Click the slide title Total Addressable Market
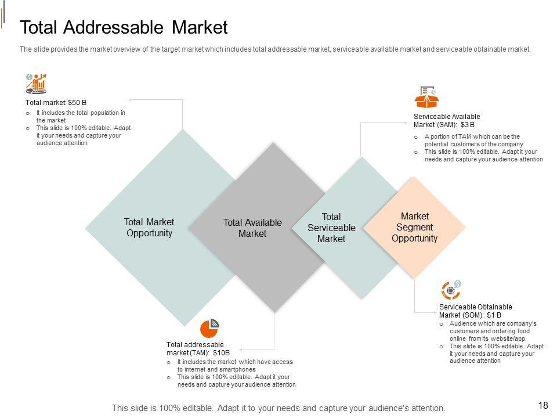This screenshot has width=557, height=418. tap(124, 28)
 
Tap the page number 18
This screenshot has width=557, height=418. tap(543, 405)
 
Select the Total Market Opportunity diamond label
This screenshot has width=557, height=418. tap(149, 228)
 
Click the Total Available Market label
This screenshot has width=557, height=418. tap(252, 228)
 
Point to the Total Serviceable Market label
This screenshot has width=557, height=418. tap(331, 228)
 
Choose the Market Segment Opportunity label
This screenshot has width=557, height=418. tap(414, 227)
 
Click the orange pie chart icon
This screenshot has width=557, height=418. tap(209, 328)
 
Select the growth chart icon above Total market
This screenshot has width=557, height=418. tap(37, 84)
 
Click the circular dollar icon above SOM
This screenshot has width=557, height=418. tap(451, 290)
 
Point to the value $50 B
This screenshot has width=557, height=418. tap(77, 102)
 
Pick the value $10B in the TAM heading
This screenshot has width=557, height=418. tap(222, 352)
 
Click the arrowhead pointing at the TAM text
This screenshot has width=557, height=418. tap(239, 349)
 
